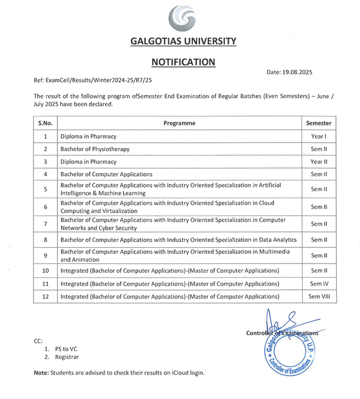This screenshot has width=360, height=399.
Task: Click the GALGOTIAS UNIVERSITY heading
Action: click(x=183, y=41)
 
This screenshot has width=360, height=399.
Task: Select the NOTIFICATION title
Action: click(x=183, y=62)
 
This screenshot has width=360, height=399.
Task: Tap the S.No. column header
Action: click(x=45, y=123)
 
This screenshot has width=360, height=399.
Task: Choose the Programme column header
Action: click(x=179, y=123)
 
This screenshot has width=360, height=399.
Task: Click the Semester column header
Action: click(x=319, y=123)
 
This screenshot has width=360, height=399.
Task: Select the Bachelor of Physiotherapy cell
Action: click(x=95, y=149)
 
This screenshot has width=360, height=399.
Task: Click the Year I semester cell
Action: click(x=319, y=136)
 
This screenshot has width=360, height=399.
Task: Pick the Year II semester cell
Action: click(x=319, y=162)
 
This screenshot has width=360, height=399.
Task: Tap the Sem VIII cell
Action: click(x=319, y=296)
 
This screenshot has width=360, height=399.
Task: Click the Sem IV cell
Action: click(x=319, y=283)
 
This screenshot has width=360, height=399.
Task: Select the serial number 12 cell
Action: click(x=45, y=296)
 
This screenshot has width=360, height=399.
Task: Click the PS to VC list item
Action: click(x=66, y=348)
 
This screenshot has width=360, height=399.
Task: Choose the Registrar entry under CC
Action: click(x=67, y=357)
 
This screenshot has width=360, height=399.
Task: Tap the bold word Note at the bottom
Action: click(x=41, y=373)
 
